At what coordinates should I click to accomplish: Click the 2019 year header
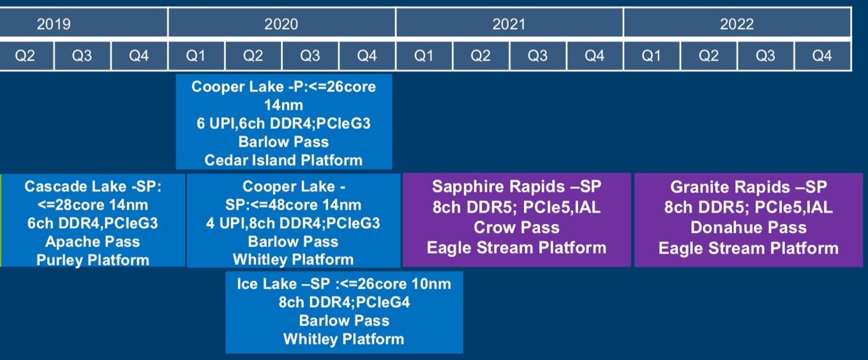click(84, 23)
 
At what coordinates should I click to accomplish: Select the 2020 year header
click(281, 23)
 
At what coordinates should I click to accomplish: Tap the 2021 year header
click(509, 23)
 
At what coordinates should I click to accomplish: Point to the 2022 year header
click(737, 23)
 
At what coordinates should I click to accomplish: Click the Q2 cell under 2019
click(26, 56)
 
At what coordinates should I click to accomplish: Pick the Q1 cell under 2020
click(196, 56)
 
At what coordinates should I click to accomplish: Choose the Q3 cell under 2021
click(538, 56)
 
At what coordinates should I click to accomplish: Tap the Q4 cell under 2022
click(823, 56)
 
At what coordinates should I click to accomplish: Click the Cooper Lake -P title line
click(283, 86)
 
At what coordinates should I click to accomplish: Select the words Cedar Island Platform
click(283, 160)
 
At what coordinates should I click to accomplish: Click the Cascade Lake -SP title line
click(93, 186)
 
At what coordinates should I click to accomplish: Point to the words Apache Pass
click(93, 241)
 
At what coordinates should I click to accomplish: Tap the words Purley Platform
click(93, 260)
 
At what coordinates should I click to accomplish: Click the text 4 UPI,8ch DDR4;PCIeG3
click(294, 223)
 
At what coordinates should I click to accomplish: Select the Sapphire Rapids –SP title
click(517, 186)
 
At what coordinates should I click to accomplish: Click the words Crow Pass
click(517, 227)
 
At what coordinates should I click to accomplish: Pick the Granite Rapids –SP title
click(749, 187)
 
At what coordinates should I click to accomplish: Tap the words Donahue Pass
click(749, 227)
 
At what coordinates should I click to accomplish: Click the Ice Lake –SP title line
click(344, 283)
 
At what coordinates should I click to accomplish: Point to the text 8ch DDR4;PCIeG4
click(344, 302)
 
